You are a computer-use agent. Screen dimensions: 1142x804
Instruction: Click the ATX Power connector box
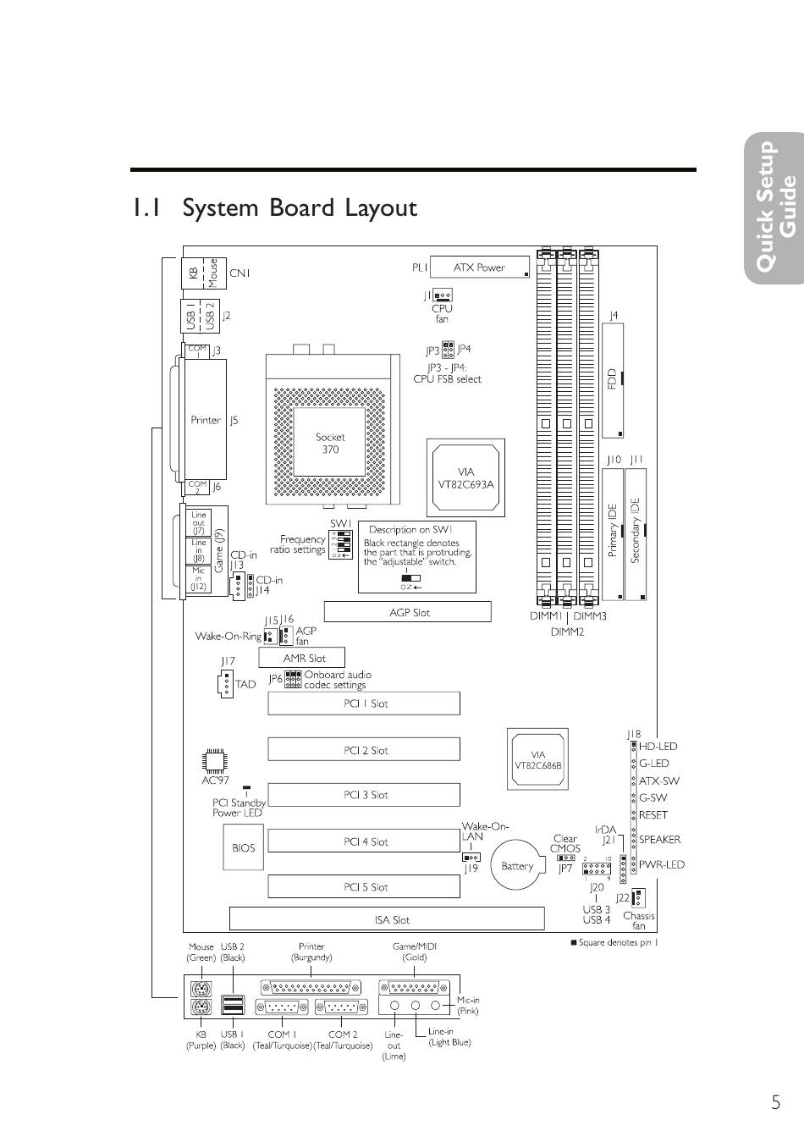(480, 268)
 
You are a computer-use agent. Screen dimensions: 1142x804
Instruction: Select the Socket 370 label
(330, 443)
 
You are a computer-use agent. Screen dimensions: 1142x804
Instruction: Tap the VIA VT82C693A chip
(465, 477)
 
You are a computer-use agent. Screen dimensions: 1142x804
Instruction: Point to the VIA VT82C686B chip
(538, 759)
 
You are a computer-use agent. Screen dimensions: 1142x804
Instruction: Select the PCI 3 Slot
(365, 795)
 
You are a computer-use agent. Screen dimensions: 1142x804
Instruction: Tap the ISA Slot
(387, 919)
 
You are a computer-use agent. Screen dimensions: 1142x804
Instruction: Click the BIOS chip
(243, 847)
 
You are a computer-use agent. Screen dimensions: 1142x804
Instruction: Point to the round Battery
(517, 865)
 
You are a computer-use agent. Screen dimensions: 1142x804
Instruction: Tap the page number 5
(775, 1102)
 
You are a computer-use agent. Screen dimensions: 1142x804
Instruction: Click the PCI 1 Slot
(365, 703)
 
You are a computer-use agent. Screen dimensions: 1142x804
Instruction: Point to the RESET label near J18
(653, 815)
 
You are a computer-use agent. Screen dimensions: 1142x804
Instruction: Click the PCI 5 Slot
(365, 887)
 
